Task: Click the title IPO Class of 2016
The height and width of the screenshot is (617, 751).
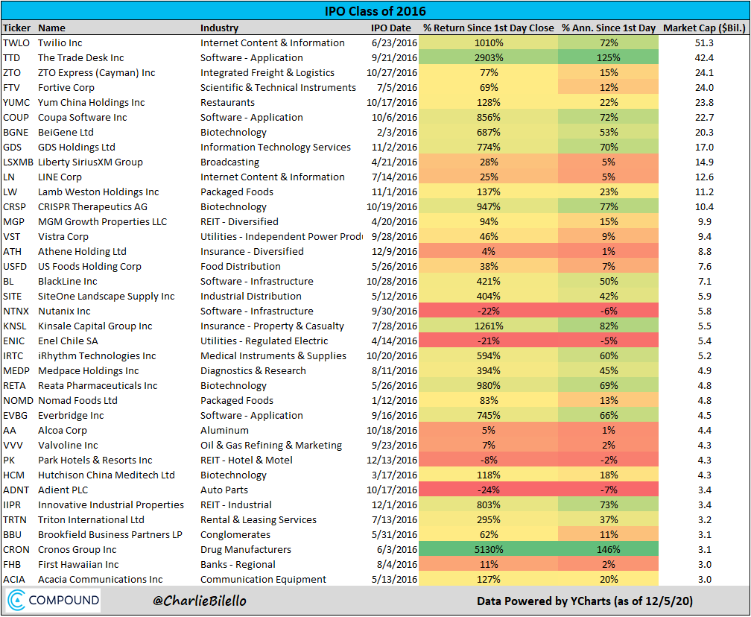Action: click(375, 11)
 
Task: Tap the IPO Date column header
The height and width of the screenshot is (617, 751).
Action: click(390, 28)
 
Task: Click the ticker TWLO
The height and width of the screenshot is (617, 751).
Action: click(16, 42)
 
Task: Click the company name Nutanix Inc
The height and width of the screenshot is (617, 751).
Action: click(64, 311)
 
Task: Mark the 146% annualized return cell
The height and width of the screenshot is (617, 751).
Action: click(609, 549)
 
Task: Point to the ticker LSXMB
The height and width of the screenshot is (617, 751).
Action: click(19, 162)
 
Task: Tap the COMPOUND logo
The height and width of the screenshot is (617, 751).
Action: click(54, 601)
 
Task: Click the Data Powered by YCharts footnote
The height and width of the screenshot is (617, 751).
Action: click(584, 601)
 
